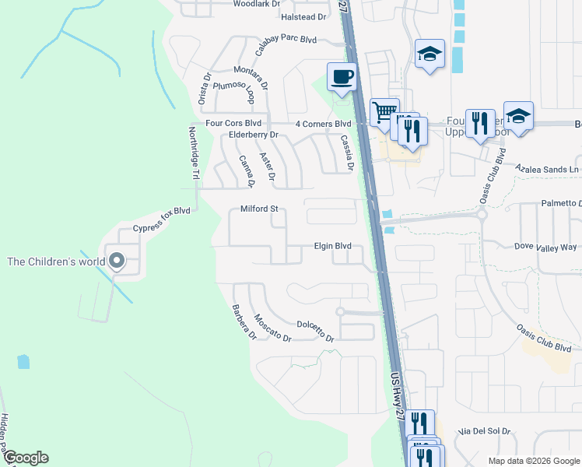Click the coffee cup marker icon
tap(342, 76)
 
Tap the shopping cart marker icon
tap(384, 112)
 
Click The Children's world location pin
tap(117, 261)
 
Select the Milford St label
tap(259, 209)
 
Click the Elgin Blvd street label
tap(332, 246)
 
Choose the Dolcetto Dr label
tap(315, 332)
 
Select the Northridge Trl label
tap(195, 156)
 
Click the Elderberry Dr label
tap(254, 135)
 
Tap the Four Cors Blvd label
tap(233, 124)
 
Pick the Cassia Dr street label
tap(347, 153)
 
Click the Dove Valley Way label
tap(546, 247)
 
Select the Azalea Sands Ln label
tap(549, 169)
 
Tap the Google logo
tap(26, 458)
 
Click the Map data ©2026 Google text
tap(533, 461)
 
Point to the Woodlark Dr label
tap(257, 4)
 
